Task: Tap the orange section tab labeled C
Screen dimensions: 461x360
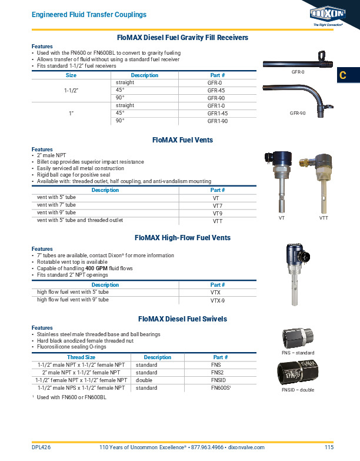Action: (344, 76)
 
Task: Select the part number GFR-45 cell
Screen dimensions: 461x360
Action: (216, 91)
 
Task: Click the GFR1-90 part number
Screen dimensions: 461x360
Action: (218, 120)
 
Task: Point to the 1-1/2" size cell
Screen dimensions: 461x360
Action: (71, 91)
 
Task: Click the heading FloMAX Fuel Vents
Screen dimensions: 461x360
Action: (182, 141)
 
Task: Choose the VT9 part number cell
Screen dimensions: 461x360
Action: (217, 213)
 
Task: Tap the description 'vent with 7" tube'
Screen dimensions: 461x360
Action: (56, 205)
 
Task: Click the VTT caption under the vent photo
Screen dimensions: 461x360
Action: (324, 218)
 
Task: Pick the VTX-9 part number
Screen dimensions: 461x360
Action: (218, 300)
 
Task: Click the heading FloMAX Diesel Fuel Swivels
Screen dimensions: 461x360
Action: (182, 319)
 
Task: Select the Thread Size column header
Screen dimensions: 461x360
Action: (81, 357)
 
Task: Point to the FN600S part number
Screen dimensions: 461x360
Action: (220, 388)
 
